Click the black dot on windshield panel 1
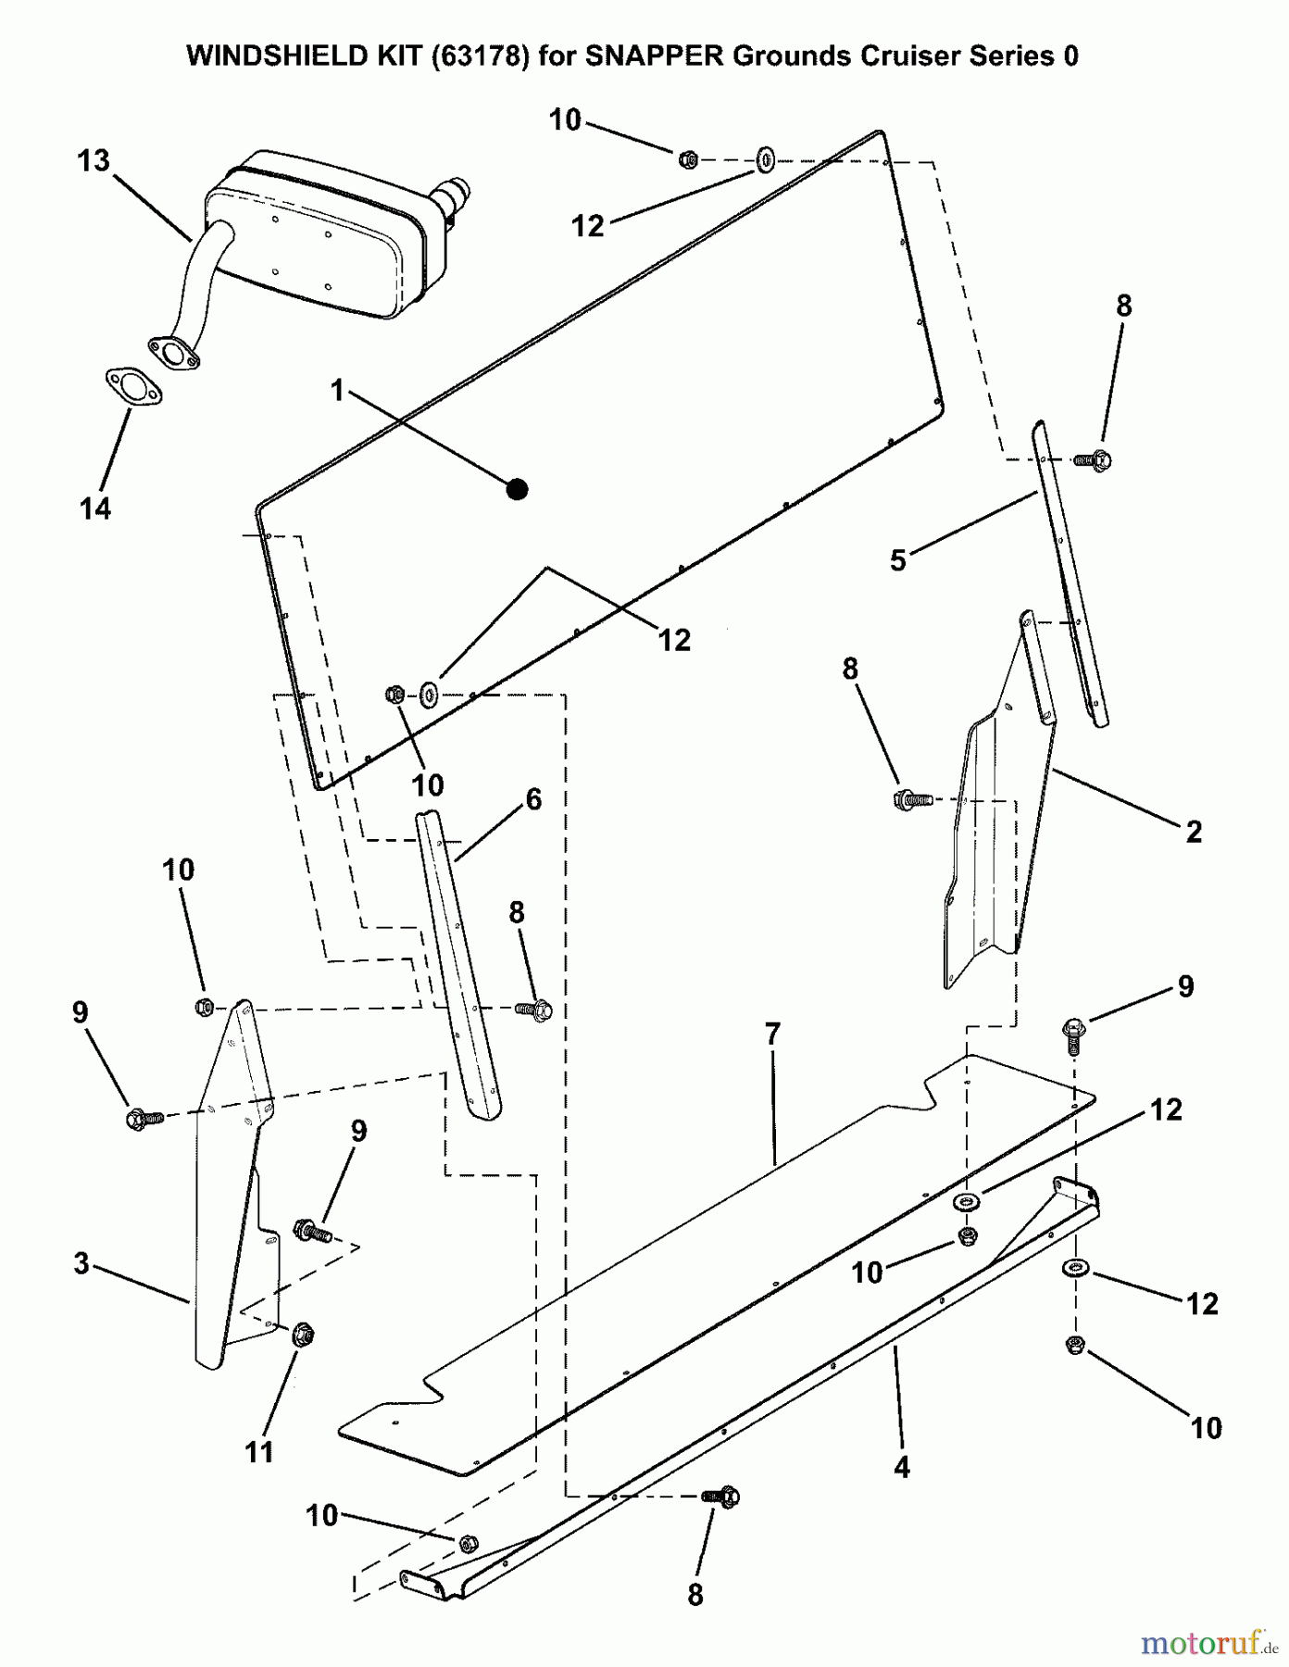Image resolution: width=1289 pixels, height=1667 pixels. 518,489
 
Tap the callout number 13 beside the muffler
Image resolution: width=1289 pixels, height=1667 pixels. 94,161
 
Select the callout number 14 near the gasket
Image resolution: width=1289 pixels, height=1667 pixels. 95,508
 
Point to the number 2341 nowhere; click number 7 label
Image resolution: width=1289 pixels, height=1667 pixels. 772,1034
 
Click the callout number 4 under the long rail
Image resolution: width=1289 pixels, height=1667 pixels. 901,1467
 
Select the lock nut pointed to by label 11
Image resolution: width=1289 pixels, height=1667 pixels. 302,1335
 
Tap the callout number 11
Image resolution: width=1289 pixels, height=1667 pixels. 259,1451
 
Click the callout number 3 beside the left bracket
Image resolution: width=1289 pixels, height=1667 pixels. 81,1263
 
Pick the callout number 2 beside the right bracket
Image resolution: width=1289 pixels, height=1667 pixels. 1194,832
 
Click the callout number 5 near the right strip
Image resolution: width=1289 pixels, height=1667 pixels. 897,560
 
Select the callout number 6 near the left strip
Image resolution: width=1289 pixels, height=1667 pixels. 533,799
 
